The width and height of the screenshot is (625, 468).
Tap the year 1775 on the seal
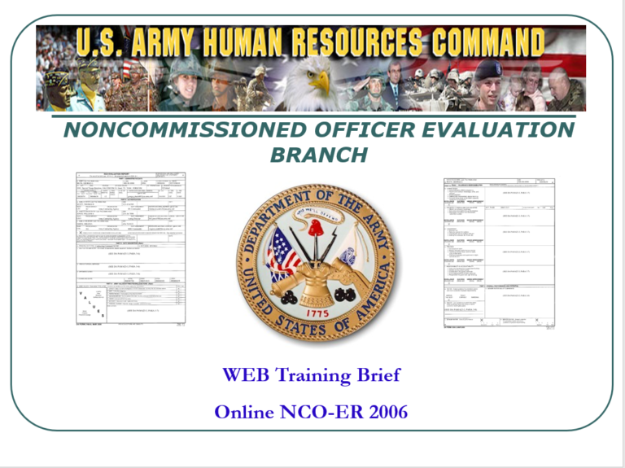click(x=313, y=308)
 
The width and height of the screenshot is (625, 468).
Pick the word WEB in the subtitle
click(x=247, y=375)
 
